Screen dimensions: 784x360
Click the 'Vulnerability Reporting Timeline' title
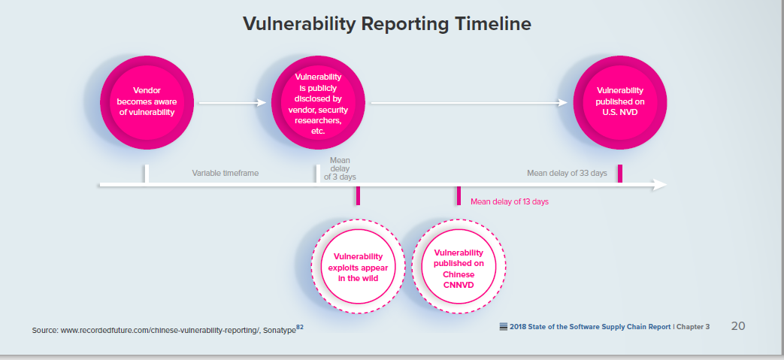(386, 24)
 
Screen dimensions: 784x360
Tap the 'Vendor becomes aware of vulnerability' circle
(147, 102)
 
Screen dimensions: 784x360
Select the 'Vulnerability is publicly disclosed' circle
(318, 102)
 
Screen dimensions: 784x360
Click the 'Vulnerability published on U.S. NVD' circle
(620, 102)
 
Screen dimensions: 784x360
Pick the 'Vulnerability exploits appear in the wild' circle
(358, 267)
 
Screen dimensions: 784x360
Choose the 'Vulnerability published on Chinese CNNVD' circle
(459, 267)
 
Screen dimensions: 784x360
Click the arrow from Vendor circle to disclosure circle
(232, 102)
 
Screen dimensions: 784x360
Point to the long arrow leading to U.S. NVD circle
(469, 102)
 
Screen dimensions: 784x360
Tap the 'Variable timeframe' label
(225, 174)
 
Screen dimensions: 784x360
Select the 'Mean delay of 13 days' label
(510, 202)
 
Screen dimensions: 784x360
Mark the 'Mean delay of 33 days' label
(567, 173)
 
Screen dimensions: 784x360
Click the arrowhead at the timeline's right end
(661, 185)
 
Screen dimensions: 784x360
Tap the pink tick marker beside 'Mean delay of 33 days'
(620, 174)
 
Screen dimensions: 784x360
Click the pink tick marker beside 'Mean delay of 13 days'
(459, 196)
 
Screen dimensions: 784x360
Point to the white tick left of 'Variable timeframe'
(147, 174)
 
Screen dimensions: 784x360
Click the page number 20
(738, 326)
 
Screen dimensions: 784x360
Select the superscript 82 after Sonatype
(300, 327)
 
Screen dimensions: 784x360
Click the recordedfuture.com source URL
(160, 331)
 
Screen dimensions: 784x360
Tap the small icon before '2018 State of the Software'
(504, 327)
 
